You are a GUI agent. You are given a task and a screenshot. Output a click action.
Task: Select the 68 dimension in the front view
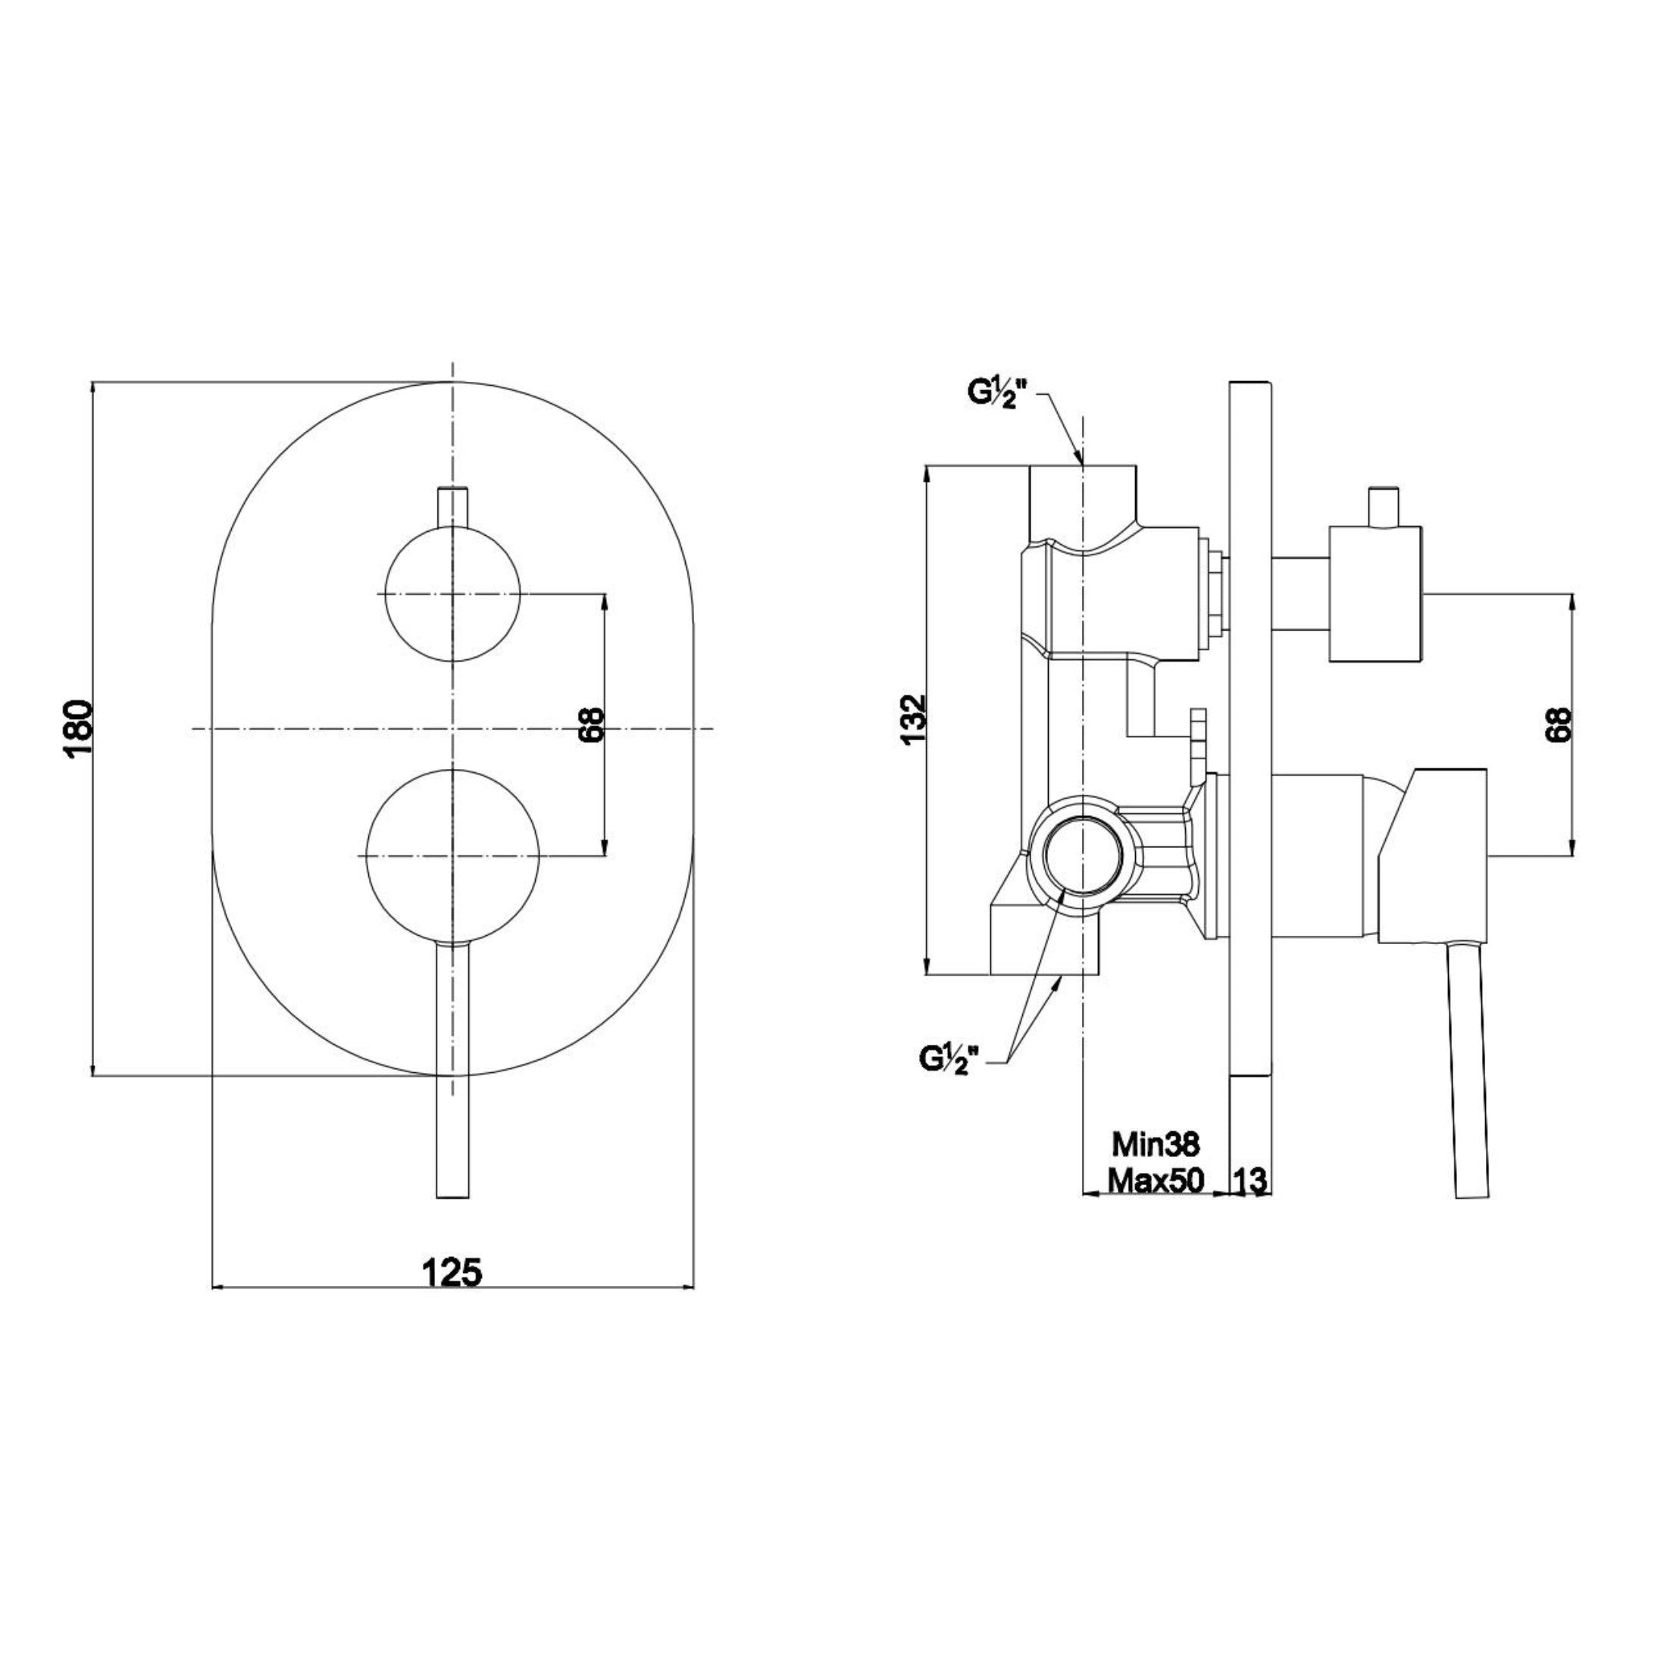pos(592,726)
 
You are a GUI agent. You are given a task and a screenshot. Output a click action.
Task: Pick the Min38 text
pos(1156,1144)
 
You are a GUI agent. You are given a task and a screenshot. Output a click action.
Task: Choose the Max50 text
pos(1156,1180)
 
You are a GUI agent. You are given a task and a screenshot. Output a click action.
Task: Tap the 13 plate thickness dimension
pos(1250,1181)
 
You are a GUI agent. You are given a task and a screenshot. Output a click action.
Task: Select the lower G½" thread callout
pos(952,1058)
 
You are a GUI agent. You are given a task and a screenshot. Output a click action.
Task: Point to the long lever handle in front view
pos(453,1070)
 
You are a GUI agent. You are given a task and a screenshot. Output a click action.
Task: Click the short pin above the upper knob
pos(453,508)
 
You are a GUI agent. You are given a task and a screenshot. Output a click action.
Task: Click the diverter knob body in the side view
pos(1375,593)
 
